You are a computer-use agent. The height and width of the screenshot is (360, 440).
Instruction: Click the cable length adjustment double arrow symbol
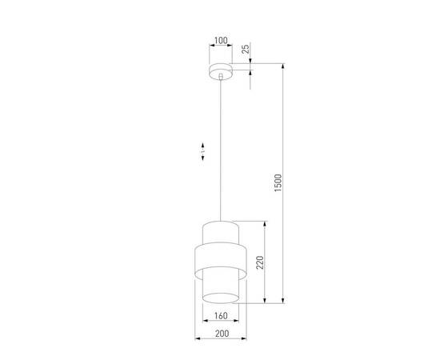pyautogui.click(x=203, y=152)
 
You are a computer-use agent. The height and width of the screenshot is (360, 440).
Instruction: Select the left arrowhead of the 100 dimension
pyautogui.click(x=209, y=49)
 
